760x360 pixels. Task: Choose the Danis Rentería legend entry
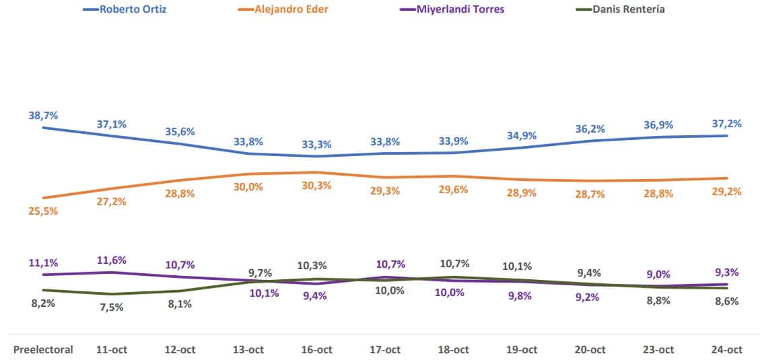pyautogui.click(x=629, y=9)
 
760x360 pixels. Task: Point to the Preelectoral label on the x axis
pyautogui.click(x=44, y=349)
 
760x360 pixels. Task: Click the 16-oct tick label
pyautogui.click(x=316, y=349)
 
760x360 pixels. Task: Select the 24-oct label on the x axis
pyautogui.click(x=726, y=349)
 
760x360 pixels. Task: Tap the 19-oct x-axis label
pyautogui.click(x=521, y=349)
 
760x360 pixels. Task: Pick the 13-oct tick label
pyautogui.click(x=248, y=349)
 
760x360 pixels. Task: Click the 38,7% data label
pyautogui.click(x=43, y=115)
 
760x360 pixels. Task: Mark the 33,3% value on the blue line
pyautogui.click(x=316, y=144)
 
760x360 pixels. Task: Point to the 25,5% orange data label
pyautogui.click(x=43, y=211)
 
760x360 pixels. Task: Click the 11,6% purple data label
pyautogui.click(x=112, y=260)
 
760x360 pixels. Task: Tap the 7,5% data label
pyautogui.click(x=112, y=308)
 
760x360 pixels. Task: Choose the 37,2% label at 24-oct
pyautogui.click(x=726, y=123)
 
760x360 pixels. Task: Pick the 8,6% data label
pyautogui.click(x=726, y=301)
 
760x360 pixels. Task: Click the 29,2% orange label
pyautogui.click(x=726, y=191)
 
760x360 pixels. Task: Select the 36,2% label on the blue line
pyautogui.click(x=589, y=129)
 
